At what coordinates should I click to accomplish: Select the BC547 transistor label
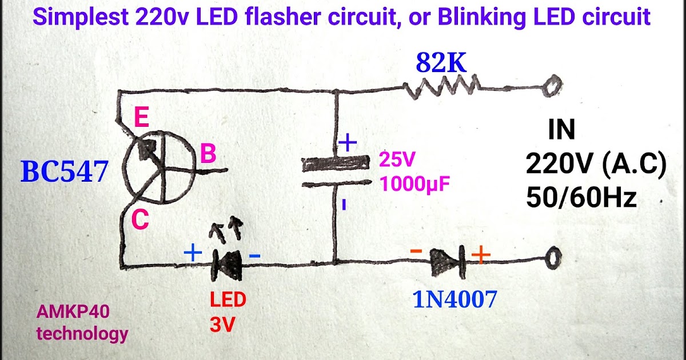coord(64,172)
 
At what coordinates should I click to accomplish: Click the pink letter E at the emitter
coord(141,119)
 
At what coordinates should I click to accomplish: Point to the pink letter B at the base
coord(208,155)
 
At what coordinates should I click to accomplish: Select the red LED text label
coord(228,299)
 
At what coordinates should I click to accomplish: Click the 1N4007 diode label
coord(454,300)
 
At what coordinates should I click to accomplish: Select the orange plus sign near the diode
coord(481,253)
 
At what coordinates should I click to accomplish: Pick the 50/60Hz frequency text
coord(581,198)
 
